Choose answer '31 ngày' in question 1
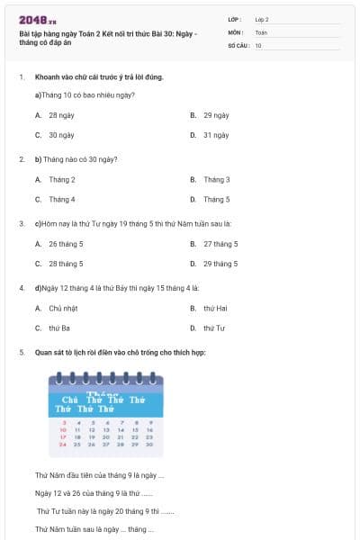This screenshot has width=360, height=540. [x=215, y=135]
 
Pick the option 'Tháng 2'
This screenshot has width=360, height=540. [x=62, y=179]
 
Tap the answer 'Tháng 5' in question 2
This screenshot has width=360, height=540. [x=216, y=199]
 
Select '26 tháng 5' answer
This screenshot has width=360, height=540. [x=66, y=244]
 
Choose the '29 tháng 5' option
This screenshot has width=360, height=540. [x=220, y=264]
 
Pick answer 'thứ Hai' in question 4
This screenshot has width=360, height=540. [x=215, y=308]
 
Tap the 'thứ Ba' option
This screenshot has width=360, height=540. [x=59, y=328]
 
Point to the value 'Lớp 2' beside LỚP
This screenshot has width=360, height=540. [x=262, y=19]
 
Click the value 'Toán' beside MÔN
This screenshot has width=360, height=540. [x=261, y=31]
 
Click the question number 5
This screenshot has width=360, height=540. [x=21, y=352]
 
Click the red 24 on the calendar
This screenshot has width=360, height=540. [x=62, y=444]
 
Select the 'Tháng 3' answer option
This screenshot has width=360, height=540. [x=216, y=179]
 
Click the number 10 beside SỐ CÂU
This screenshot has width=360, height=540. [x=258, y=44]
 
